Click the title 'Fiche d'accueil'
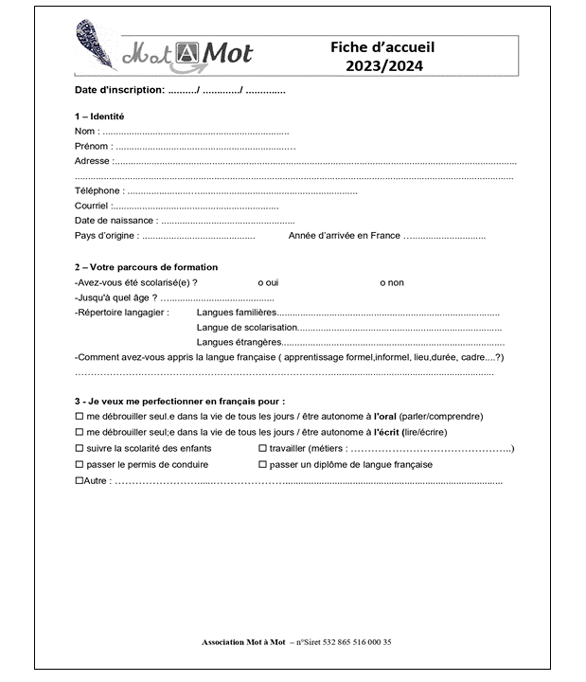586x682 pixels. click(382, 47)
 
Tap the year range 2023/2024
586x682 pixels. click(382, 65)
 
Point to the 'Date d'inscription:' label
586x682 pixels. click(119, 91)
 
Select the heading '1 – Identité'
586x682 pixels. click(98, 117)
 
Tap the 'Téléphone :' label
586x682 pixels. click(98, 190)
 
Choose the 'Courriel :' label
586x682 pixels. click(93, 206)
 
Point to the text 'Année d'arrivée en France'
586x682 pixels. click(344, 235)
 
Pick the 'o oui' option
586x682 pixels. click(268, 282)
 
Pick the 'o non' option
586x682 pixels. click(391, 282)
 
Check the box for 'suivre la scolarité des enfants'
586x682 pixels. click(79, 448)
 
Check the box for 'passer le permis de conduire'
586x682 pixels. click(79, 464)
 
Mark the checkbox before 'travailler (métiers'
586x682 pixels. click(262, 448)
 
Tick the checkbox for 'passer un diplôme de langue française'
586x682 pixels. click(262, 464)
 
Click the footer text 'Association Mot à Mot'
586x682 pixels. click(243, 642)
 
